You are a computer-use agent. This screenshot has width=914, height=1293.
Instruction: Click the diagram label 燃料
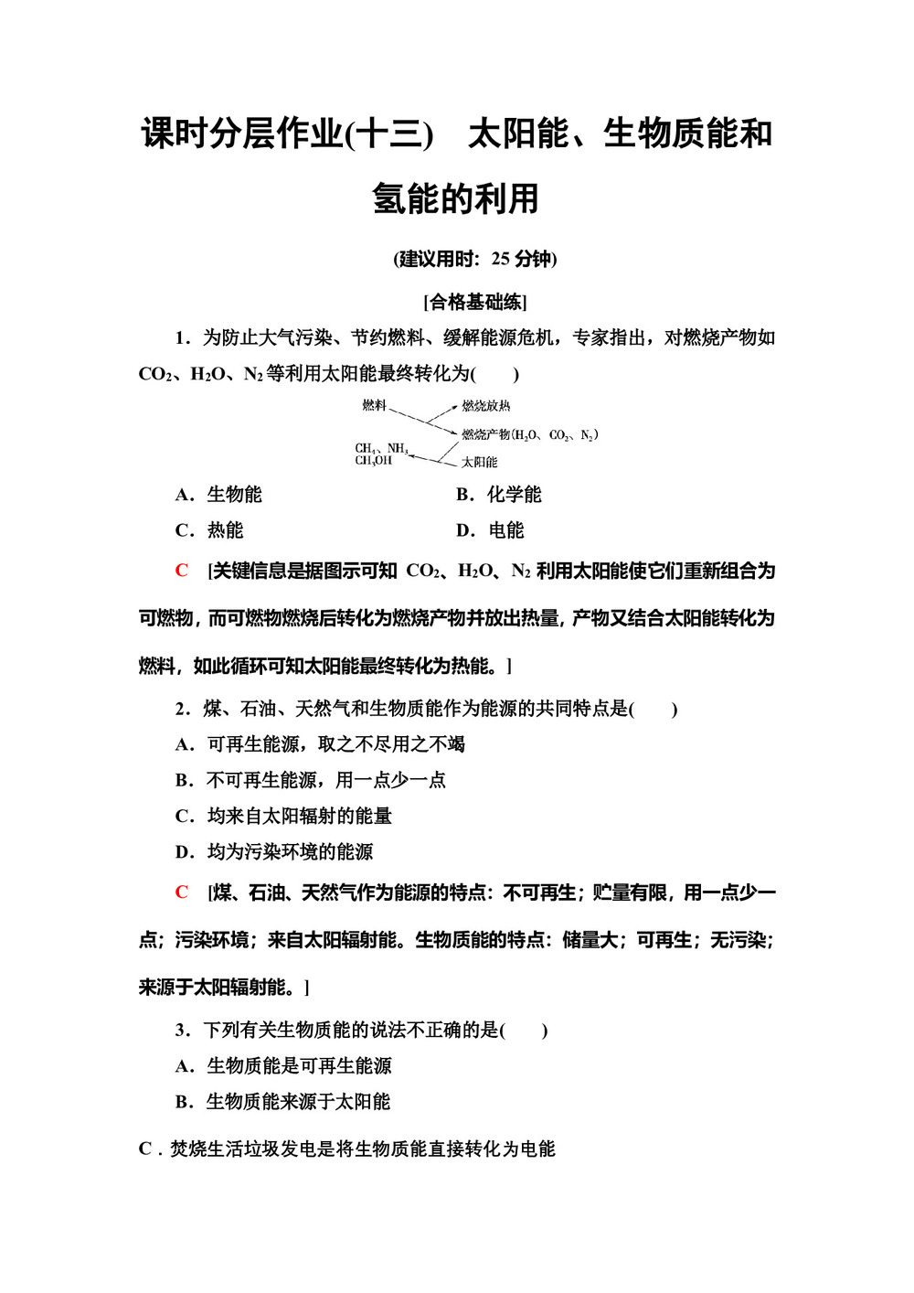[374, 405]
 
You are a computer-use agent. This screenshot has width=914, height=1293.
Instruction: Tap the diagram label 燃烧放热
[485, 406]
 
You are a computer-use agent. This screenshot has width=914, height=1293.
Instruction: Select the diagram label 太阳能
[479, 462]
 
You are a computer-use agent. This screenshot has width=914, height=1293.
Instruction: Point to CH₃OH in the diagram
[373, 461]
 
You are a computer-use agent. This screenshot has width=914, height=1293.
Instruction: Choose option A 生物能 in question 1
[219, 495]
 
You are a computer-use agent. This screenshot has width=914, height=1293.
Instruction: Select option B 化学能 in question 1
[499, 495]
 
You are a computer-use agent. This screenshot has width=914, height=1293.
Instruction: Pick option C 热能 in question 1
[210, 530]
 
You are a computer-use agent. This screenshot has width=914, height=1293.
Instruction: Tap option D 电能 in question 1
[491, 530]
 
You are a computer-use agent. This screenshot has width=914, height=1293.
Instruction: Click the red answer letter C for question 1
[182, 572]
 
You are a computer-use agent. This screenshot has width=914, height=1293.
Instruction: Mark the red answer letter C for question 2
[182, 892]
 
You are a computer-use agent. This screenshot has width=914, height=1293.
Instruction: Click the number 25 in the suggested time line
[500, 259]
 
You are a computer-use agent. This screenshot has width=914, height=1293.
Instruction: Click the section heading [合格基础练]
[475, 302]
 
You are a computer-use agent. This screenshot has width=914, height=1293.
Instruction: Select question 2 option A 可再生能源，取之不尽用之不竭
[320, 744]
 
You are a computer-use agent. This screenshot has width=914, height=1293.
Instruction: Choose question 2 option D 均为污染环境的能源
[274, 852]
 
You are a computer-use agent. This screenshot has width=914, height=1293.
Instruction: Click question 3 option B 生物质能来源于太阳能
[282, 1102]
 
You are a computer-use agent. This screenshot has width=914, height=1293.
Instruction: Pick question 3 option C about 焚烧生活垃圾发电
[346, 1149]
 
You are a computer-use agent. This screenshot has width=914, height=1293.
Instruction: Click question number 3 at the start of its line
[182, 1031]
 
